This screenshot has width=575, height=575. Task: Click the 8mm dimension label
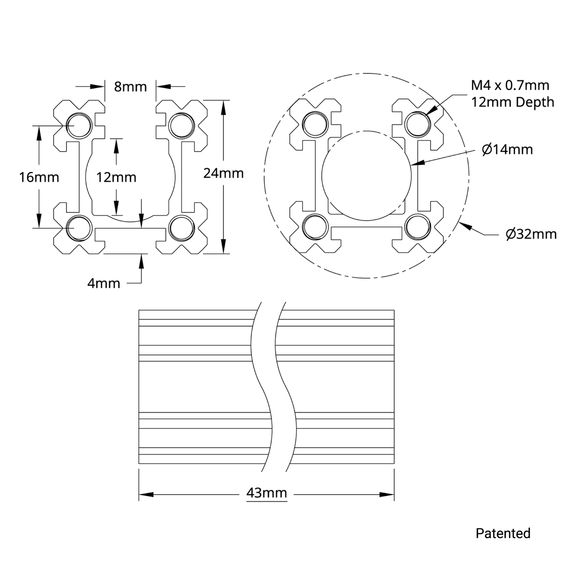[x=130, y=86]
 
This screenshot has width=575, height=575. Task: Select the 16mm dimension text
[x=39, y=177]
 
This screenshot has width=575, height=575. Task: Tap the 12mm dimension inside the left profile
[x=116, y=177]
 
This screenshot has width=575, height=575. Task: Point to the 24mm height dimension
[x=223, y=173]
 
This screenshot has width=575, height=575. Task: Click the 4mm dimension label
[x=103, y=283]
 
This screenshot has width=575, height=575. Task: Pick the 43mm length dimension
[x=267, y=493]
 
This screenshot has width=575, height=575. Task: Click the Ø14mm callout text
[x=507, y=150]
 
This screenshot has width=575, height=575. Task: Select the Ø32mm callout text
[x=531, y=234]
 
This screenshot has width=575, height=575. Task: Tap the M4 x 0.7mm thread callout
[x=510, y=85]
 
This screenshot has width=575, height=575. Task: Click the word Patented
[x=503, y=533]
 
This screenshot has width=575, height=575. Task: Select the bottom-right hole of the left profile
[x=181, y=228]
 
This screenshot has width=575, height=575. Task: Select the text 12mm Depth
[x=513, y=102]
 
